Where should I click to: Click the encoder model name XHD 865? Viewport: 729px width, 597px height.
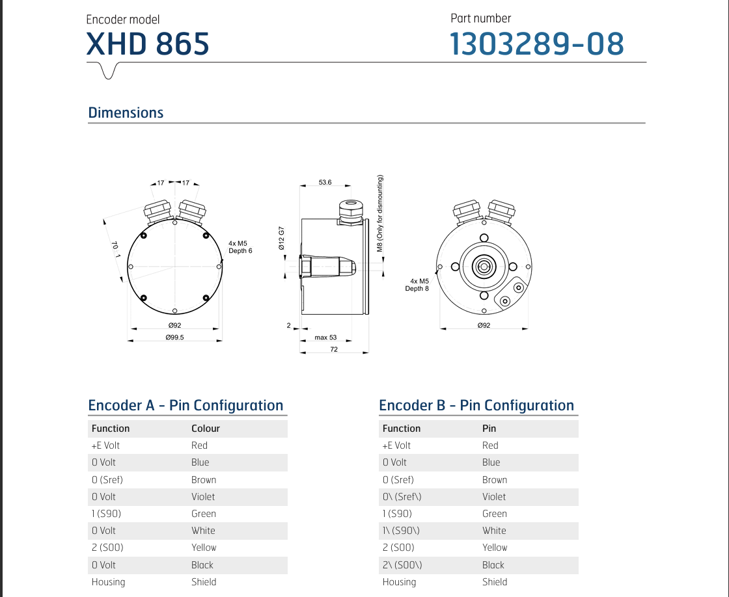(x=148, y=44)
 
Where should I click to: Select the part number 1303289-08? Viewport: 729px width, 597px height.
(x=537, y=44)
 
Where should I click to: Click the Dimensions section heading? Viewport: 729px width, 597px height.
(x=126, y=113)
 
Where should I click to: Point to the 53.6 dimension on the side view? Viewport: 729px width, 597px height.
(x=325, y=183)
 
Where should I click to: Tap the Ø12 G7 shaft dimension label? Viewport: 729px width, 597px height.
(x=282, y=239)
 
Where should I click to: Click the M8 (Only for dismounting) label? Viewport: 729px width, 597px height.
(x=381, y=213)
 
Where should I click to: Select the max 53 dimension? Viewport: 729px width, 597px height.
(x=325, y=338)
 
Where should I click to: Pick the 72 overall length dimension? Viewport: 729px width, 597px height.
(x=334, y=350)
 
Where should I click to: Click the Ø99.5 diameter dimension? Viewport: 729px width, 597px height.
(x=174, y=338)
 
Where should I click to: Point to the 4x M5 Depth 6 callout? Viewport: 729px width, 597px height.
(x=240, y=246)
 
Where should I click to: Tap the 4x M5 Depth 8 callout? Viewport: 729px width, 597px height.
(x=417, y=285)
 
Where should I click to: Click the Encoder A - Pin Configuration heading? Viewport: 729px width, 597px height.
(x=186, y=406)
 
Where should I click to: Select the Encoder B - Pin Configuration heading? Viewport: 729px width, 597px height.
(x=476, y=406)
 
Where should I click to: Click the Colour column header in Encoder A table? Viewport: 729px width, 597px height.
(x=206, y=429)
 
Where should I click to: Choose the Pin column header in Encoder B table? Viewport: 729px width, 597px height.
(x=489, y=429)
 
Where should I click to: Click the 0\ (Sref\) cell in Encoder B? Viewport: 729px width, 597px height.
(x=402, y=497)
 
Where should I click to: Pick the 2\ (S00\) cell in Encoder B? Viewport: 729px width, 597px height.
(x=402, y=565)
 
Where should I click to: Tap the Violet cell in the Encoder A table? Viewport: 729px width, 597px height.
(x=203, y=497)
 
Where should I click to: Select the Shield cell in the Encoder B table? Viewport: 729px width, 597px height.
(x=495, y=582)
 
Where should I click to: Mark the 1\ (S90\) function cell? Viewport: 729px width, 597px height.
(x=401, y=531)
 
